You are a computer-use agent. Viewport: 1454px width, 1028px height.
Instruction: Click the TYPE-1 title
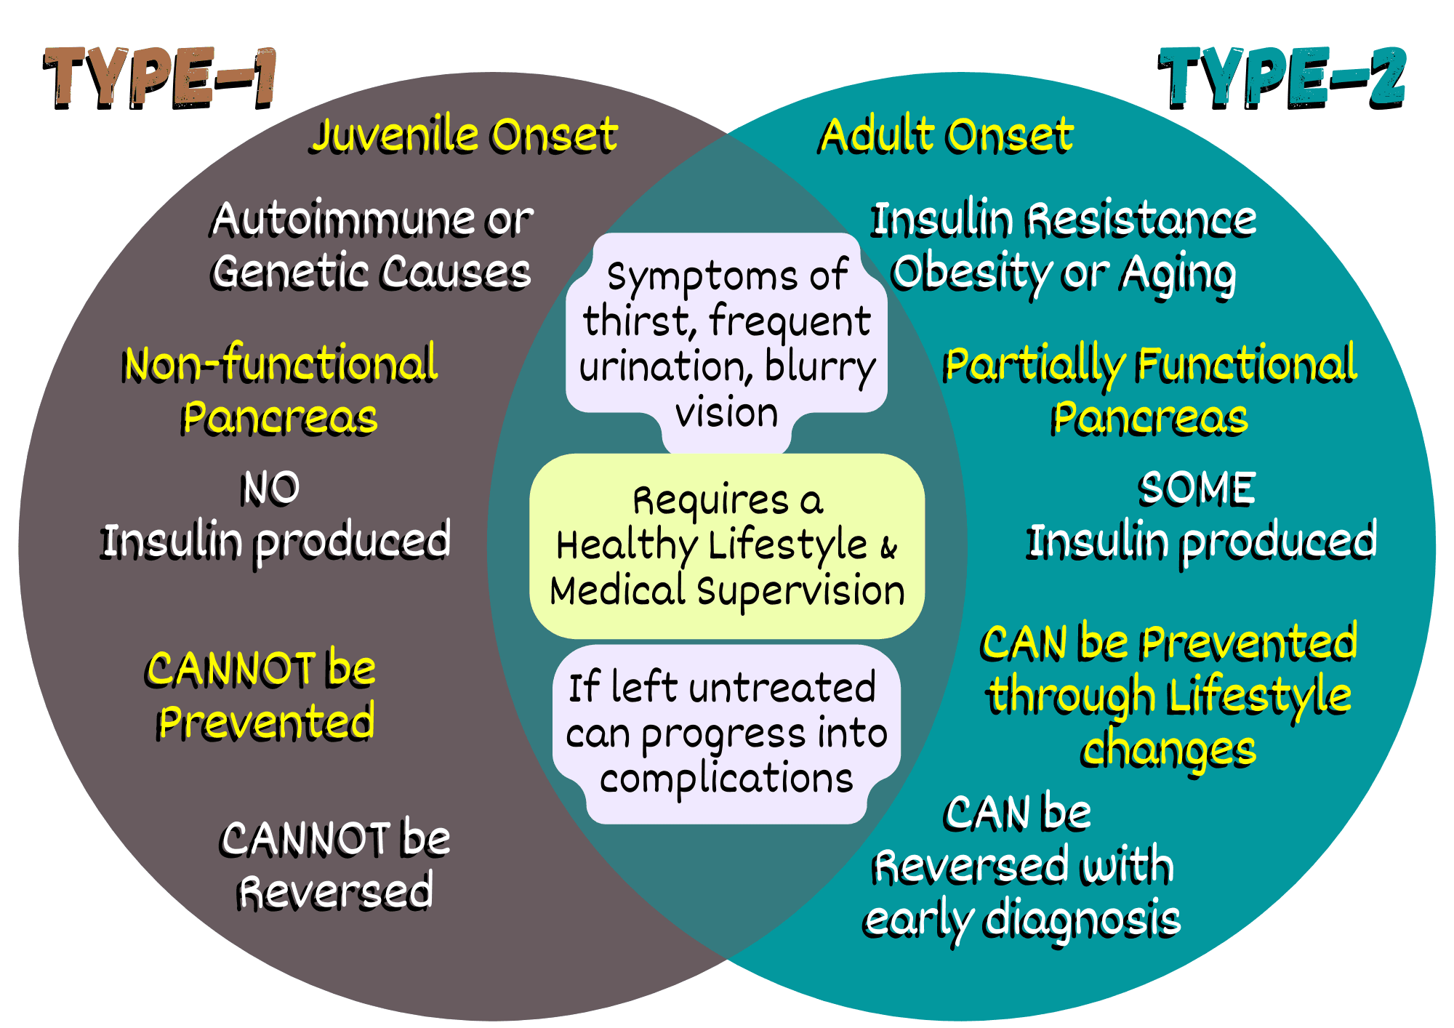(160, 79)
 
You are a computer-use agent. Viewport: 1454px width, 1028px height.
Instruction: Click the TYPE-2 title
(1281, 79)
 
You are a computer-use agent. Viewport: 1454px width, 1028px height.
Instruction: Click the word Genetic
(292, 273)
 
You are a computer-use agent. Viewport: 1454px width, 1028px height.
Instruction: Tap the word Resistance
(1141, 219)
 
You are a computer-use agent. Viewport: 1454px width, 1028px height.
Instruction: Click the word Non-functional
(281, 364)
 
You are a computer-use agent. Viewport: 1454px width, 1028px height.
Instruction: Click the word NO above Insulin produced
(270, 488)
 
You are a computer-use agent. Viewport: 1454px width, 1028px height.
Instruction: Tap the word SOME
(1197, 488)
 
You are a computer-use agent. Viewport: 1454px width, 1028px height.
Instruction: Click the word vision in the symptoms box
(726, 413)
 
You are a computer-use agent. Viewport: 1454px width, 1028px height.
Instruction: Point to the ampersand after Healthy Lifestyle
(888, 547)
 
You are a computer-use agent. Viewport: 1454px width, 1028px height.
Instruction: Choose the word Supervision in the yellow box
(800, 590)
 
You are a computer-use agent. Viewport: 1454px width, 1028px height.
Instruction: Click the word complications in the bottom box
(726, 779)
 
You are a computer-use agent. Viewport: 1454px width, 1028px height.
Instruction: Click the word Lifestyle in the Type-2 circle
(1259, 696)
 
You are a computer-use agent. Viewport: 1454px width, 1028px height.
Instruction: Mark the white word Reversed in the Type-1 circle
(336, 892)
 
